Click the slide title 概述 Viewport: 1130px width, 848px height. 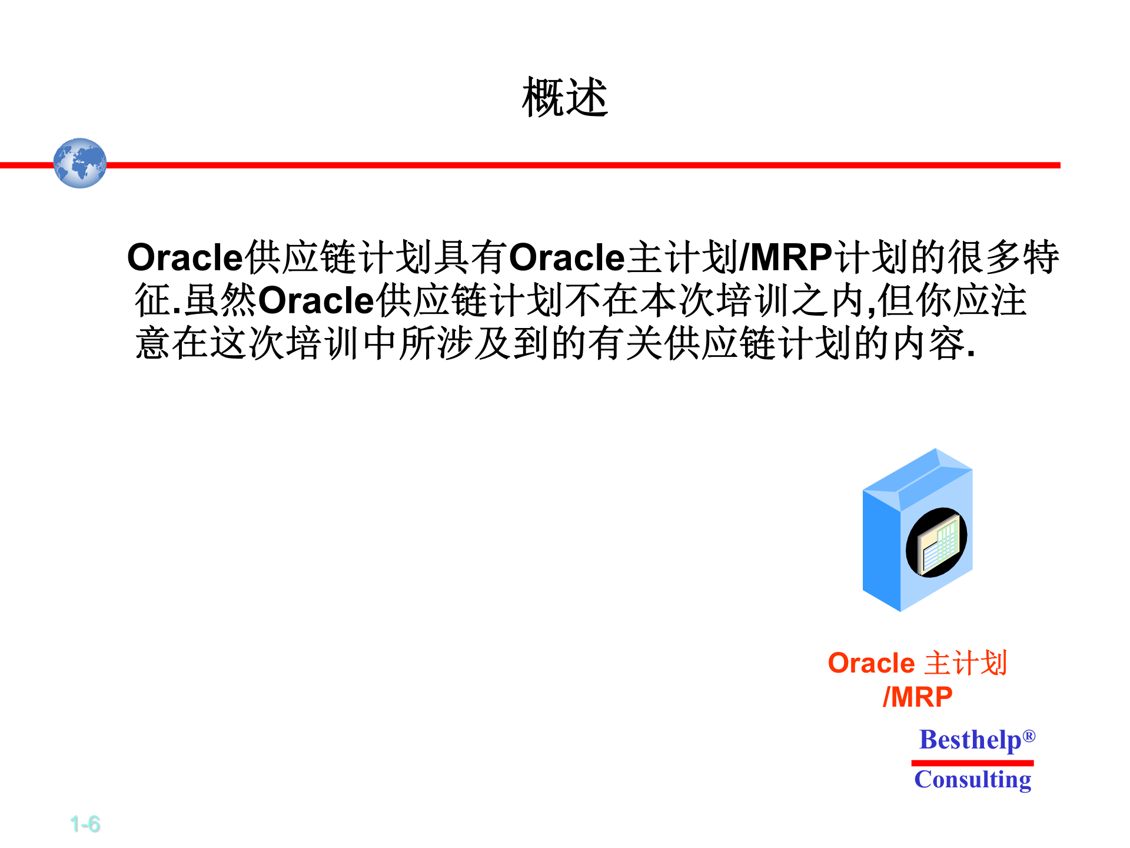pyautogui.click(x=564, y=98)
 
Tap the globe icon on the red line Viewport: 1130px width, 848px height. pyautogui.click(x=80, y=163)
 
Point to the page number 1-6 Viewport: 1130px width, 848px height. pyautogui.click(x=85, y=824)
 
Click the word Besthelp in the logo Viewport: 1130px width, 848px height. pyautogui.click(x=970, y=740)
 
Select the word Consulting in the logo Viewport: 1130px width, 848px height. pyautogui.click(x=972, y=780)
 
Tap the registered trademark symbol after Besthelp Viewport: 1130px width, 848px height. pyautogui.click(x=1029, y=736)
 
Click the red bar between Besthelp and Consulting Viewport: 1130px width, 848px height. pyautogui.click(x=972, y=763)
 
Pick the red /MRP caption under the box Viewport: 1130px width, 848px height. pyautogui.click(x=918, y=697)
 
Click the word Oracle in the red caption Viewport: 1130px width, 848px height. pyautogui.click(x=871, y=663)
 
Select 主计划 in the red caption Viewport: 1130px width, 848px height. pyautogui.click(x=966, y=663)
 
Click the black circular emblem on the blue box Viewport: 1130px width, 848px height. pyautogui.click(x=936, y=542)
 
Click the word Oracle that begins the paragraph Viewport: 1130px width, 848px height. pyautogui.click(x=185, y=258)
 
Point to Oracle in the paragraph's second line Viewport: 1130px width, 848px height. pyautogui.click(x=316, y=300)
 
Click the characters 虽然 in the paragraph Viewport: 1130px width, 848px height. pyautogui.click(x=221, y=300)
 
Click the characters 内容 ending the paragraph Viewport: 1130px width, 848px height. pyautogui.click(x=929, y=343)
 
